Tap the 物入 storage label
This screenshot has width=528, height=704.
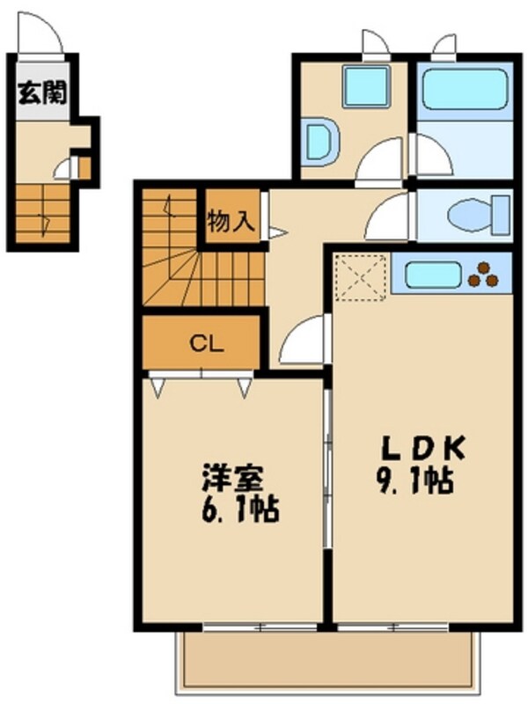pos(231,221)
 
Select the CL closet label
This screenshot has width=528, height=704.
pos(202,343)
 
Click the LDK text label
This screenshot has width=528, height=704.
pos(422,449)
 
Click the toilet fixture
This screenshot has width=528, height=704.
pos(475,214)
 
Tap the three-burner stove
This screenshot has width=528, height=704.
pos(484,275)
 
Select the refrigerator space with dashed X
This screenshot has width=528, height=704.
pos(361,276)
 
